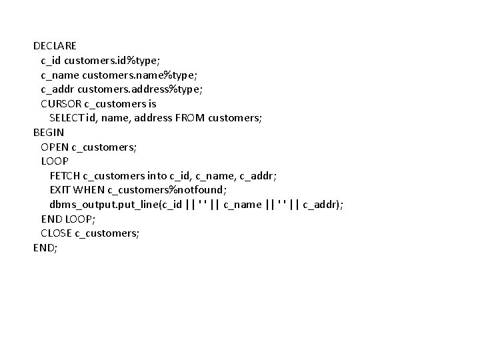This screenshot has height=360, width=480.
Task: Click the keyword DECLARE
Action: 55,46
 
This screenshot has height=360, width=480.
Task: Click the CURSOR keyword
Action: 61,103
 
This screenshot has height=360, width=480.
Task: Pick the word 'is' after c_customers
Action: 170,103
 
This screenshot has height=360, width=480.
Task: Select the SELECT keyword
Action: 67,118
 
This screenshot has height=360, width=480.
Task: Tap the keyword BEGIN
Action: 49,132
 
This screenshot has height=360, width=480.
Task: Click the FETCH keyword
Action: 64,175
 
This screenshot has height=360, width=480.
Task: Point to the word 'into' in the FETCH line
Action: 157,175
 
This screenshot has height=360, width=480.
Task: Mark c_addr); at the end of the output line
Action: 323,205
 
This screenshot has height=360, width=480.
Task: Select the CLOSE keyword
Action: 56,233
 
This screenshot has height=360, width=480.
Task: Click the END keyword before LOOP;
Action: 51,219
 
